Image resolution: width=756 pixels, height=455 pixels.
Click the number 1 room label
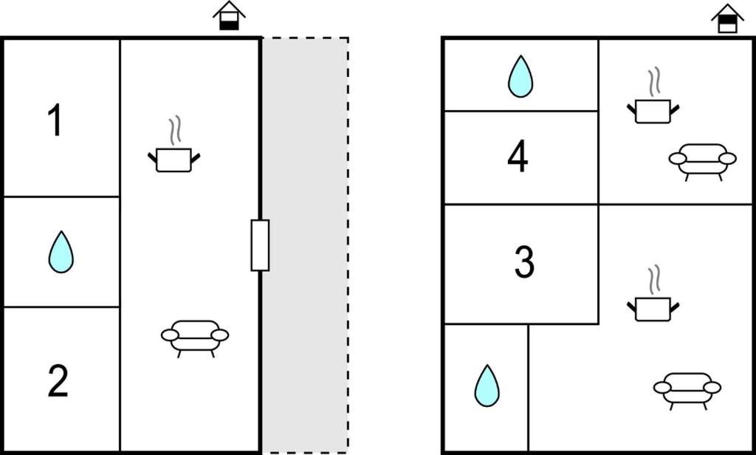[55, 121]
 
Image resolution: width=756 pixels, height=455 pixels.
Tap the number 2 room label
[58, 381]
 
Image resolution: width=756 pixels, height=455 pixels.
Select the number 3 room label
[523, 262]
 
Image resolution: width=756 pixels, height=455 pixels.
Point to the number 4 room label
[518, 157]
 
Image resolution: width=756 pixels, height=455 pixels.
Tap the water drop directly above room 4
[520, 76]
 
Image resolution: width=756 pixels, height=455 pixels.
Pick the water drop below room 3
[487, 386]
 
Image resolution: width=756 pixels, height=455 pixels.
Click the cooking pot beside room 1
[174, 160]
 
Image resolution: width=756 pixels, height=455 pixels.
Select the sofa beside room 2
[195, 337]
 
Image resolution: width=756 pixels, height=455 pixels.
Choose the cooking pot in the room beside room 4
[653, 111]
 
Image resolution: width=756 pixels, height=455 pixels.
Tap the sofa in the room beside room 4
[702, 160]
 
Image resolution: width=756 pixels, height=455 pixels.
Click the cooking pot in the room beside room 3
[653, 309]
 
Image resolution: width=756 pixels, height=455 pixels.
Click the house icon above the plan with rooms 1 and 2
[229, 16]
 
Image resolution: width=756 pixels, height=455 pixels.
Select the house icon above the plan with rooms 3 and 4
[728, 18]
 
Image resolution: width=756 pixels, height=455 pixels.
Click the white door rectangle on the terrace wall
[260, 245]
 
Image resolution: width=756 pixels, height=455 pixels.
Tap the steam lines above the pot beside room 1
[174, 131]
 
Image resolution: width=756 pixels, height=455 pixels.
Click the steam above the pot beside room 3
[653, 280]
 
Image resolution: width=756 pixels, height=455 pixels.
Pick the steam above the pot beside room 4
[653, 82]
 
